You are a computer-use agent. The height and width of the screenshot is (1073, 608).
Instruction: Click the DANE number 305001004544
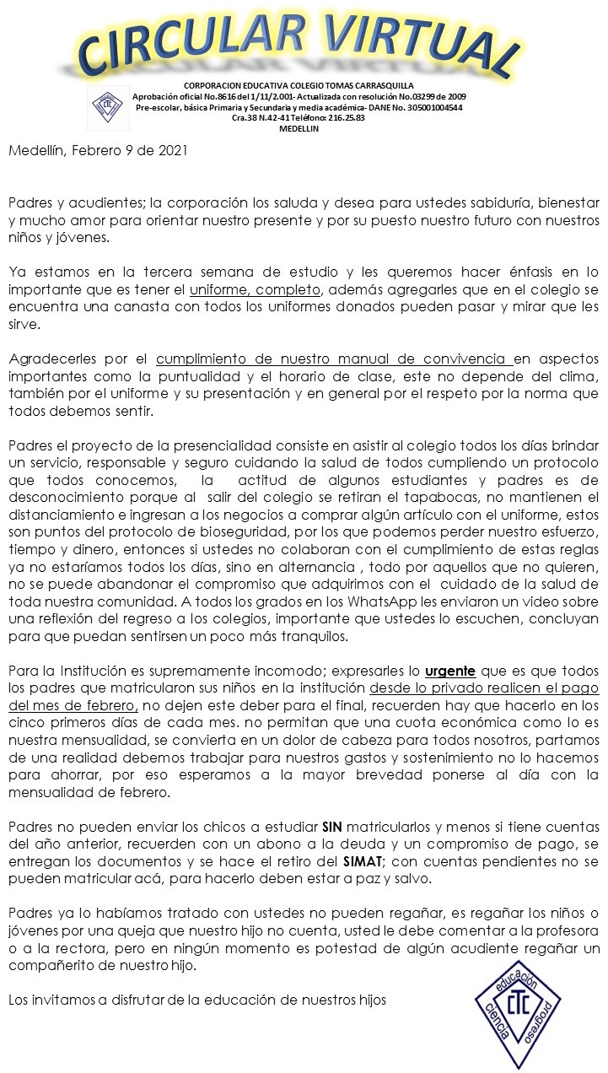tap(424, 108)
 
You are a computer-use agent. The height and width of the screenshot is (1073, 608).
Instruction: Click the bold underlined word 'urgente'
tap(450, 671)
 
